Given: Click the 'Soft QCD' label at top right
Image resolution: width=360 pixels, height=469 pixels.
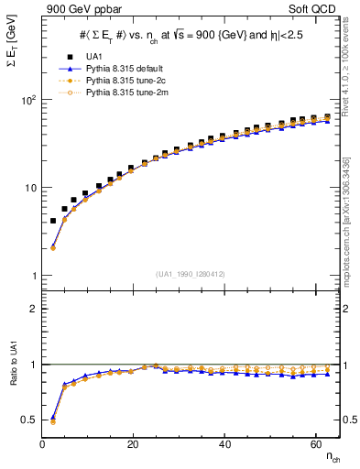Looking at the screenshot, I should coord(316,8).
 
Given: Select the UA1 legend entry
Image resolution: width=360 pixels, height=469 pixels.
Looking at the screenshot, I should coord(93,57).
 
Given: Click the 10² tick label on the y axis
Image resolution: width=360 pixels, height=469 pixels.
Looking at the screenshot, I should coord(27,100).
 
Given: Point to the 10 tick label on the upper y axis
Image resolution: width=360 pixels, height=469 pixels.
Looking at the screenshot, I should coord(29,188).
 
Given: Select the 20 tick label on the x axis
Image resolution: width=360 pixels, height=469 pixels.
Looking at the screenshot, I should coord(134,444).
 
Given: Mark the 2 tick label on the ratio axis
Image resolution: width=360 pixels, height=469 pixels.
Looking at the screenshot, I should coord(33,309).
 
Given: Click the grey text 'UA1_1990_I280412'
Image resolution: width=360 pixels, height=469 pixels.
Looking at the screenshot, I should coord(190,273).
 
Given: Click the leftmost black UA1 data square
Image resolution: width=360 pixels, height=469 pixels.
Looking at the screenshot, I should coord(53,221).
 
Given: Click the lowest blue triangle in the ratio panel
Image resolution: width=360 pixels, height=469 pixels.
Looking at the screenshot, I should coord(53,417).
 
